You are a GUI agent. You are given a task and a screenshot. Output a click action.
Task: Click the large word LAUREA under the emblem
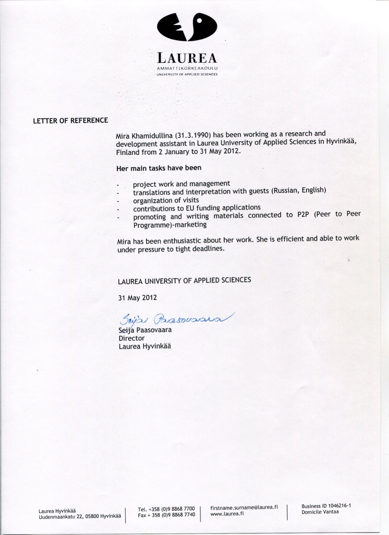[x=187, y=58]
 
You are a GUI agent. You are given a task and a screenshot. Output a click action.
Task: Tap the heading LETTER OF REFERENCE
[x=70, y=121]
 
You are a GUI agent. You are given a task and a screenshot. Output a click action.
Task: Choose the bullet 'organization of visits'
[x=166, y=201]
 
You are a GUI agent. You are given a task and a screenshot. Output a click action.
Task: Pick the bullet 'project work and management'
[x=181, y=184]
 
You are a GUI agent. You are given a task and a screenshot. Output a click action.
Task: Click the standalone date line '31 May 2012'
[x=137, y=297]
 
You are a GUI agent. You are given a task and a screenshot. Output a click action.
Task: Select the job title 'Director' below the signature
[x=132, y=338]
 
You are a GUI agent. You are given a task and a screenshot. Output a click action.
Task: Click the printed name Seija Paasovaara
[x=145, y=330]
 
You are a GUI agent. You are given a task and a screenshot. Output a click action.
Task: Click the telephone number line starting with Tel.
[x=166, y=509]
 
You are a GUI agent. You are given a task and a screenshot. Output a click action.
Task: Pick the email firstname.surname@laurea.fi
[x=244, y=507]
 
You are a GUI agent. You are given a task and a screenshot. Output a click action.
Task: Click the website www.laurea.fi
[x=227, y=514]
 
